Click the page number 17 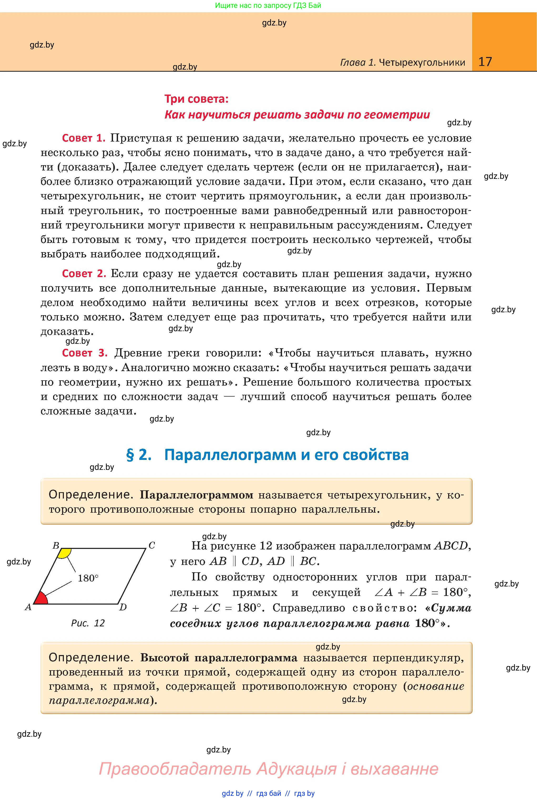[x=485, y=62]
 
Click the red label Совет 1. [x=83, y=138]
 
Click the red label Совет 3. [x=85, y=353]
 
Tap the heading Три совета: [x=196, y=99]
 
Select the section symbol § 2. [x=139, y=455]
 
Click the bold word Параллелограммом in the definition [x=197, y=495]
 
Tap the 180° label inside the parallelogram [x=88, y=578]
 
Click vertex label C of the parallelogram [x=152, y=546]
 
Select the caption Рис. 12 [x=88, y=623]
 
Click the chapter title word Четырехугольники [x=422, y=62]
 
